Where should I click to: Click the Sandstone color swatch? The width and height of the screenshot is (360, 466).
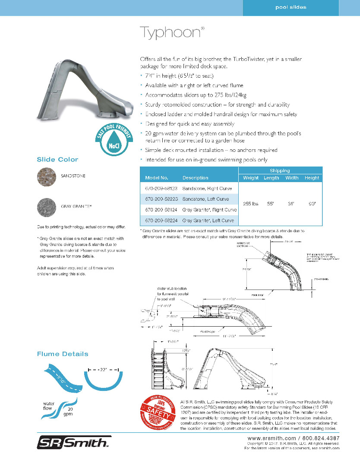(x=46, y=176)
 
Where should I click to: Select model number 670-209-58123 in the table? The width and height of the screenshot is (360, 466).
(x=159, y=189)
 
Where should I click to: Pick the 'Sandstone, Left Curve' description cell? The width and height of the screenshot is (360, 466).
(x=205, y=199)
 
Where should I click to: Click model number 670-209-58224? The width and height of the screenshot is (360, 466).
(x=159, y=220)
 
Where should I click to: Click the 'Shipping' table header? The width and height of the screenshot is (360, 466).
(x=280, y=170)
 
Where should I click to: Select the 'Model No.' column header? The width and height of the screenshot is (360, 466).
(x=156, y=178)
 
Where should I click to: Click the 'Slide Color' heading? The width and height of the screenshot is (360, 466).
(x=57, y=160)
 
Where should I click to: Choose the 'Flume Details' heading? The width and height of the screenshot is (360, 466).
(x=62, y=354)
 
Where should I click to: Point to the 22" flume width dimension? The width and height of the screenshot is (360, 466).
(x=103, y=370)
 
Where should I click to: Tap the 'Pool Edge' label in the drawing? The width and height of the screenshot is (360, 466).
(x=208, y=331)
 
